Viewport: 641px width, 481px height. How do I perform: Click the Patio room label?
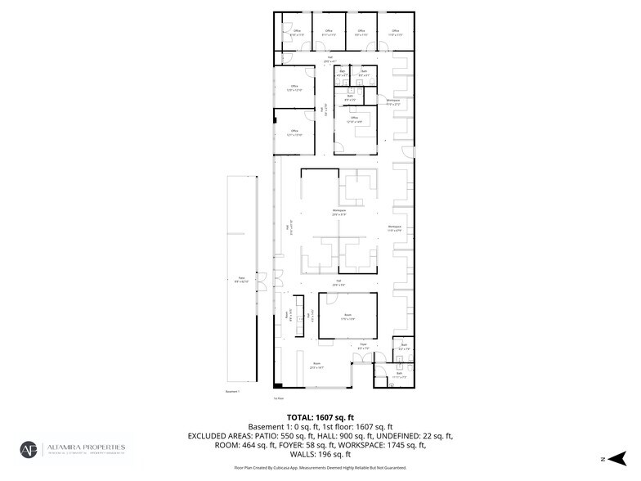(x=242, y=280)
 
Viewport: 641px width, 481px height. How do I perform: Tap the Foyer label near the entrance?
(x=361, y=347)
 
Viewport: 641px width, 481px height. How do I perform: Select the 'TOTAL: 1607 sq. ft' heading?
(x=320, y=416)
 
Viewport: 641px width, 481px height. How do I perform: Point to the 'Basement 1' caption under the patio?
(x=235, y=392)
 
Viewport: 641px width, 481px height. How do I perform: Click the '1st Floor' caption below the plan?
(x=278, y=398)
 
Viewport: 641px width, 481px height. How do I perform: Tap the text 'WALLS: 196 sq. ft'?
(x=320, y=454)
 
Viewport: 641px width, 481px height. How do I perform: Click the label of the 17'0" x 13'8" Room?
(x=347, y=316)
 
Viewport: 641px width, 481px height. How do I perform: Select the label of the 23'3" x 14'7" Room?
(x=316, y=366)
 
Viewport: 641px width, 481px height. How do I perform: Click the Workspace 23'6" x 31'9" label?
(x=338, y=213)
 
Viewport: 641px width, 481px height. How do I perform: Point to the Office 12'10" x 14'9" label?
(x=354, y=119)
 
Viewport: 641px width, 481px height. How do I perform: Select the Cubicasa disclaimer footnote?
(x=320, y=469)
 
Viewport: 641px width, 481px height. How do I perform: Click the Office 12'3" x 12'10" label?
(x=294, y=88)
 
